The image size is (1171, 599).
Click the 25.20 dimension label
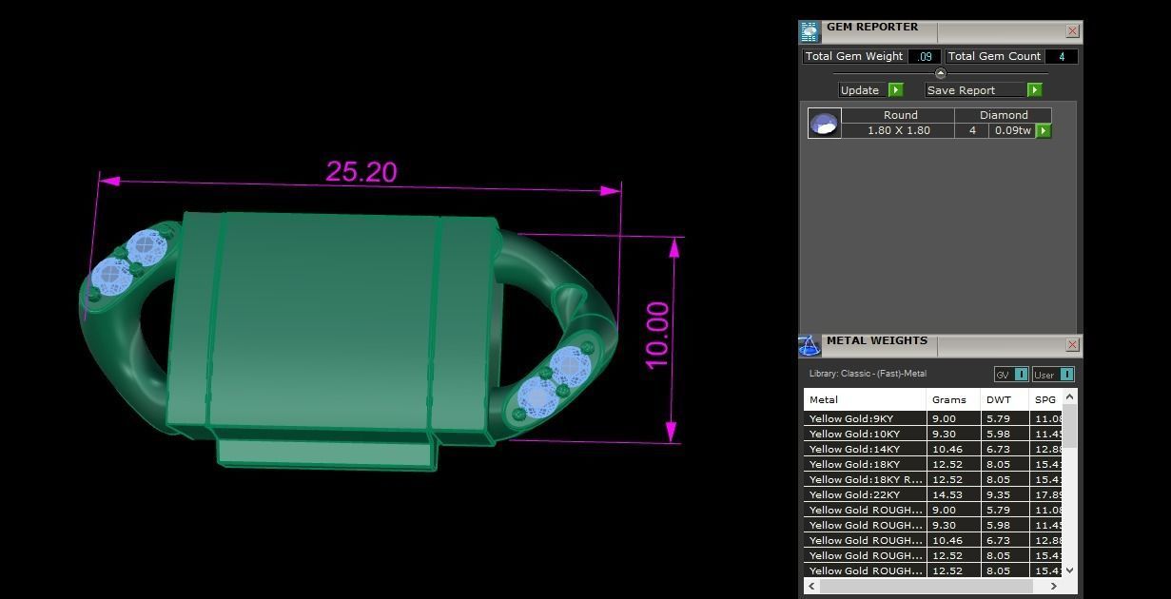coord(361,172)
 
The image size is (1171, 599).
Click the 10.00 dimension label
coord(657,336)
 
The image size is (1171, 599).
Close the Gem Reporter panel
coord(1072,31)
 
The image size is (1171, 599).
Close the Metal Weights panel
coord(1072,344)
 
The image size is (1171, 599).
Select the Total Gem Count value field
coord(1061,56)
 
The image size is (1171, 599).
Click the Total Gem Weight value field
coord(924,56)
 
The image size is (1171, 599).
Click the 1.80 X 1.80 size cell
coord(898,130)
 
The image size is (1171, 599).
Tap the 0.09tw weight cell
coord(1012,130)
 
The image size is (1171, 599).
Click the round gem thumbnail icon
coord(824,124)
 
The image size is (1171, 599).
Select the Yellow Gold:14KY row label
coord(853,449)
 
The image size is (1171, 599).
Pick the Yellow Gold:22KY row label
coord(853,494)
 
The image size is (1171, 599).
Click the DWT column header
coord(998,399)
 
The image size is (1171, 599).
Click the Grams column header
coord(948,399)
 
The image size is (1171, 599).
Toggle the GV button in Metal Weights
coord(1010,375)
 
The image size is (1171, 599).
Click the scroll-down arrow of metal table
coord(1069,570)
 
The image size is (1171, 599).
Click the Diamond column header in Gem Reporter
coord(1004,115)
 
